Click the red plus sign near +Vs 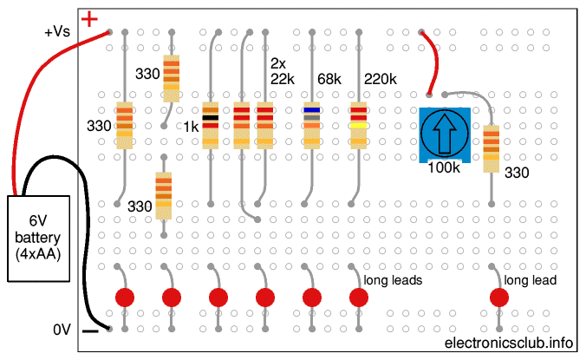(x=89, y=18)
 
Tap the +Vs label (x=59, y=32)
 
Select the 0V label (x=62, y=330)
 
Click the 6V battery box (x=43, y=238)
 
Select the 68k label (x=329, y=80)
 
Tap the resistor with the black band (x=211, y=124)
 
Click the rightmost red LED (x=498, y=298)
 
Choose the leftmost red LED (x=125, y=298)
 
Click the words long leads (x=393, y=280)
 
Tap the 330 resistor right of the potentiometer (x=492, y=148)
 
